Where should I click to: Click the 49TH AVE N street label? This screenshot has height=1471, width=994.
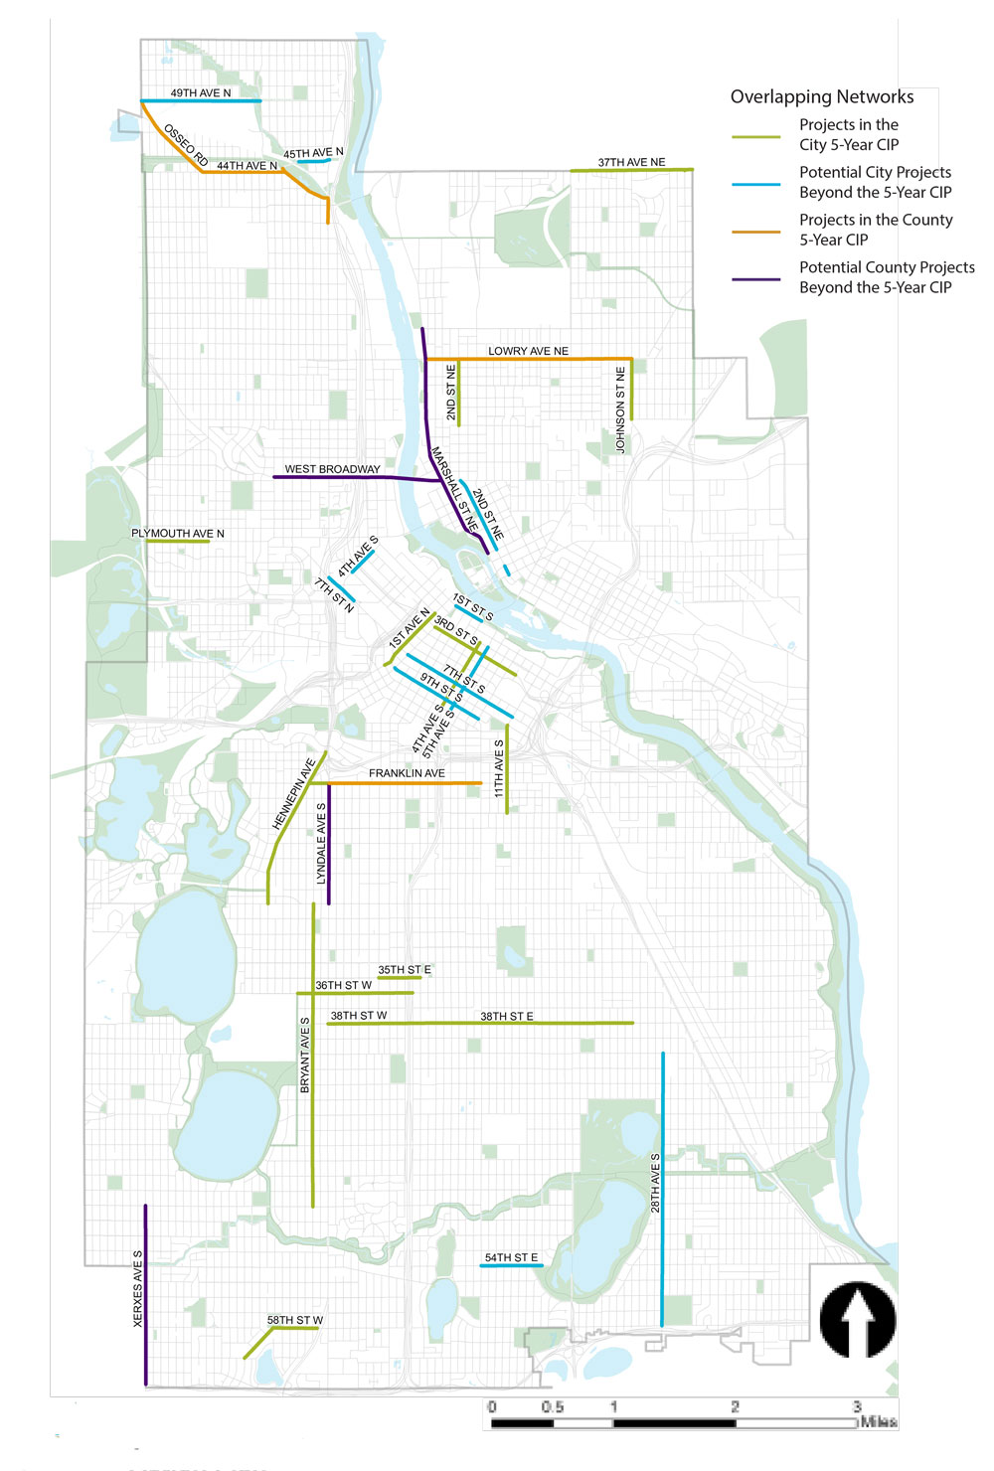point(200,93)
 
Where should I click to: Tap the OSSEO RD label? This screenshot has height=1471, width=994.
point(186,145)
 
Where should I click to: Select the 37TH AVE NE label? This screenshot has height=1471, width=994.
point(631,162)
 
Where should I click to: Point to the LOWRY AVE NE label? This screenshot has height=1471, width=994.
point(528,351)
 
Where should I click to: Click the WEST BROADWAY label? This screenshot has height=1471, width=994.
point(332,469)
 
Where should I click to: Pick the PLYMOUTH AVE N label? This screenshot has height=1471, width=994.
point(178,534)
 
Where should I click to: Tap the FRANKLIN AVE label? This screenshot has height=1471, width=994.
point(407,773)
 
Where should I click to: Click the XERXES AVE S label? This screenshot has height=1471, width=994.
point(138,1288)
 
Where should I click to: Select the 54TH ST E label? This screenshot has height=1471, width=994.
point(511,1258)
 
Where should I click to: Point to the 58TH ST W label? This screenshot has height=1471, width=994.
point(295,1321)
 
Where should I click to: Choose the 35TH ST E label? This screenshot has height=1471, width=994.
point(404,970)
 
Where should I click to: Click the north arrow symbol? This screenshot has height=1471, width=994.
point(858,1319)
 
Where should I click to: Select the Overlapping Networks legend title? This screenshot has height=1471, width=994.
point(822,96)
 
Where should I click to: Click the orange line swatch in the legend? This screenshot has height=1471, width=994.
point(756,232)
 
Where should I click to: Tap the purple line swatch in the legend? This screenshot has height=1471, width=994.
point(756,279)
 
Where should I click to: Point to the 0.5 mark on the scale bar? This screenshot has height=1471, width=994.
point(553,1407)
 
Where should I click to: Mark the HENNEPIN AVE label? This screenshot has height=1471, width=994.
point(293,794)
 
